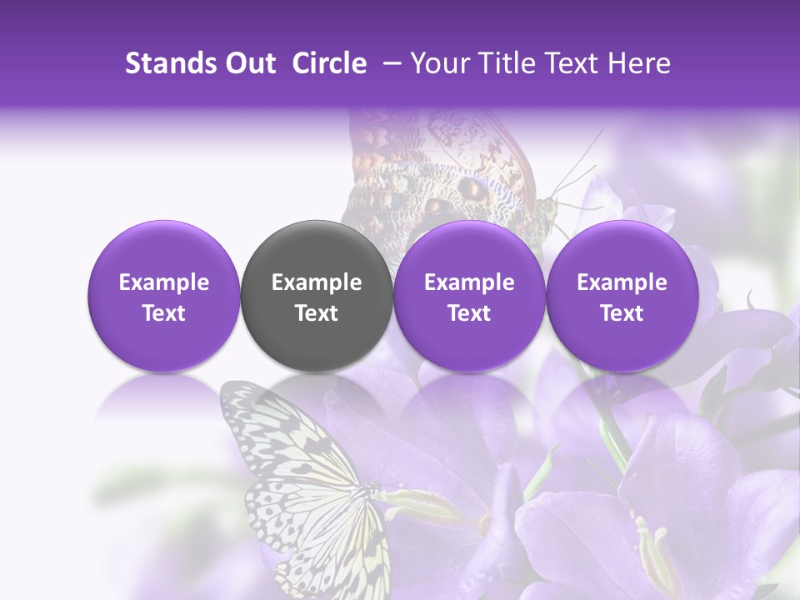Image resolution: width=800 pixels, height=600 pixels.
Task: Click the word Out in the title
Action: [x=248, y=63]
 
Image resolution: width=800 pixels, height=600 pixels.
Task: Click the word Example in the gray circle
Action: [x=317, y=283]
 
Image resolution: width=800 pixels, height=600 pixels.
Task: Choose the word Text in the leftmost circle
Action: [x=163, y=313]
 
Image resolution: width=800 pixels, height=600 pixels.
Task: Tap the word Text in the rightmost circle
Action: [x=622, y=313]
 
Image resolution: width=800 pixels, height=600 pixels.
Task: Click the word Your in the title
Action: [x=437, y=63]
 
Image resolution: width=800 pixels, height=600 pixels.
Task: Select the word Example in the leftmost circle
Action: [x=163, y=283]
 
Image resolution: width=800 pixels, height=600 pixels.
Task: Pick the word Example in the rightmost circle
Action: [x=622, y=283]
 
